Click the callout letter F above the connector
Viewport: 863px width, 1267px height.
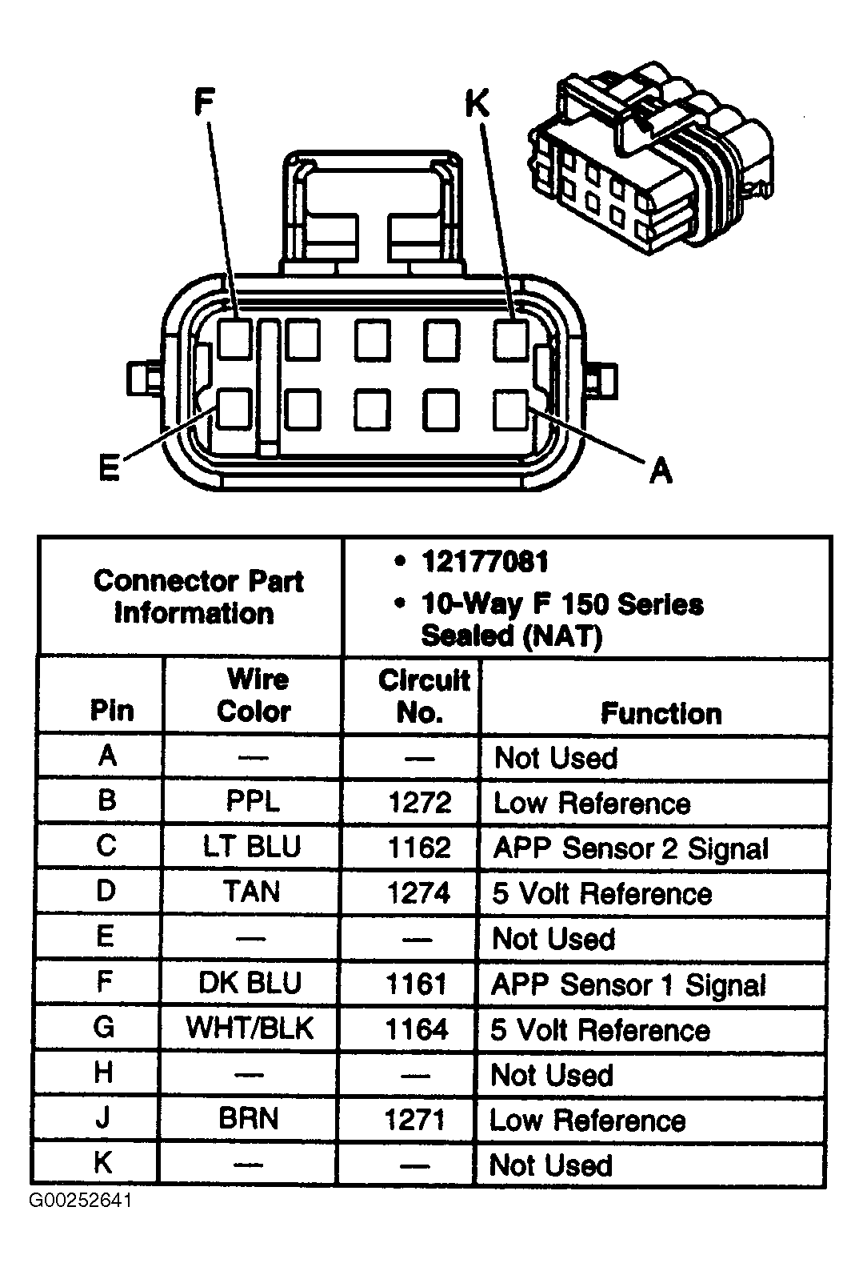(205, 103)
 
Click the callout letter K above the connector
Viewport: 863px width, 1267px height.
(477, 103)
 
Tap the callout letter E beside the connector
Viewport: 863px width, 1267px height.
(109, 467)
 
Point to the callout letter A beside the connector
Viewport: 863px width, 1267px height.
(661, 470)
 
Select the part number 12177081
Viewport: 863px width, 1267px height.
(485, 562)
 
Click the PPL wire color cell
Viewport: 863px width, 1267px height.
(253, 802)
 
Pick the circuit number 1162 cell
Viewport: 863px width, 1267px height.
(419, 848)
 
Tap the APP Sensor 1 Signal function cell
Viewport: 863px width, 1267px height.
(629, 984)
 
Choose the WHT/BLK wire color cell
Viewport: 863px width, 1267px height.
(250, 1028)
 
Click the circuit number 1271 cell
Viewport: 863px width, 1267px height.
(414, 1119)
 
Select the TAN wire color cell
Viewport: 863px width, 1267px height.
(252, 892)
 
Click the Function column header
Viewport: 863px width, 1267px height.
(661, 713)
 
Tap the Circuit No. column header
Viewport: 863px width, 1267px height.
(422, 696)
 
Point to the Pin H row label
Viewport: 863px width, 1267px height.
(104, 1073)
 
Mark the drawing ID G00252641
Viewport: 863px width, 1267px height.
(81, 1201)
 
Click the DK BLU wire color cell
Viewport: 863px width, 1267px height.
(250, 983)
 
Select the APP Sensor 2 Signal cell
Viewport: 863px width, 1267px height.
(630, 848)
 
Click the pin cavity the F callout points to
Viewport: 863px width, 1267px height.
(235, 339)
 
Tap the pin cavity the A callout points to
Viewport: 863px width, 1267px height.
(511, 409)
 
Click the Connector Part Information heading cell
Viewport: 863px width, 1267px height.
(197, 597)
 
